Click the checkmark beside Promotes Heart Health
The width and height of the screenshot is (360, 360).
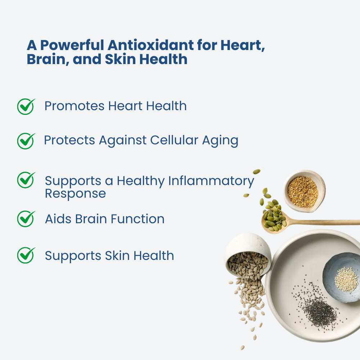(26, 107)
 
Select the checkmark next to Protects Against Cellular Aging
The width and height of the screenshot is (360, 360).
(26, 141)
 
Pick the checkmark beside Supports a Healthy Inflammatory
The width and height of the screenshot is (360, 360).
(26, 180)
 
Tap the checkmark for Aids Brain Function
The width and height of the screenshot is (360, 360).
(26, 219)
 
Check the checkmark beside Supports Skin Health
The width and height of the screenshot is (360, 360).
(26, 256)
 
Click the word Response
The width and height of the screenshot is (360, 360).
(75, 194)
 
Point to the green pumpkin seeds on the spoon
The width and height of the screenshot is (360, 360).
(275, 217)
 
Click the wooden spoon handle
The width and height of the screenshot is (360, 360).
(324, 222)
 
